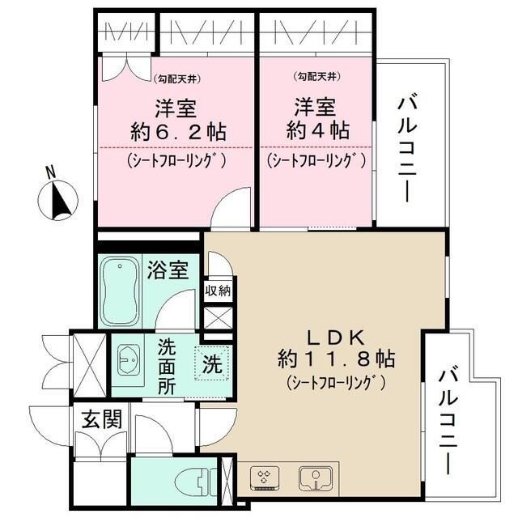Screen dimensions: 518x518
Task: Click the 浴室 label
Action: click(168, 270)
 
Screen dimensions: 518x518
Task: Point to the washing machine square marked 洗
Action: click(212, 364)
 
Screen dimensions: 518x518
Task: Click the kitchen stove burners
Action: click(265, 478)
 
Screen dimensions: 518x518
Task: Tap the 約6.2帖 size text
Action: click(177, 132)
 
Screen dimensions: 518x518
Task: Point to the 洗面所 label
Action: click(168, 363)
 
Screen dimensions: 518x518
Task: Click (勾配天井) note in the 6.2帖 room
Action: click(177, 79)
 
